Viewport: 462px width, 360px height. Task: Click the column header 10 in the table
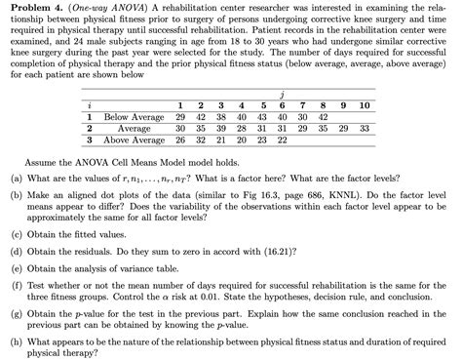pyautogui.click(x=364, y=104)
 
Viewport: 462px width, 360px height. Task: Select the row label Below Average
pyautogui.click(x=134, y=116)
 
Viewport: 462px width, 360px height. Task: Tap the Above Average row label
pyautogui.click(x=134, y=140)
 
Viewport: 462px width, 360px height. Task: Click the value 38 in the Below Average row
pyautogui.click(x=220, y=116)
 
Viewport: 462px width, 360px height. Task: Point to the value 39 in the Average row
pyautogui.click(x=220, y=128)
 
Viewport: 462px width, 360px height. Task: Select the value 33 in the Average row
pyautogui.click(x=364, y=128)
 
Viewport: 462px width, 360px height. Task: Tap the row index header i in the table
pyautogui.click(x=89, y=104)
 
